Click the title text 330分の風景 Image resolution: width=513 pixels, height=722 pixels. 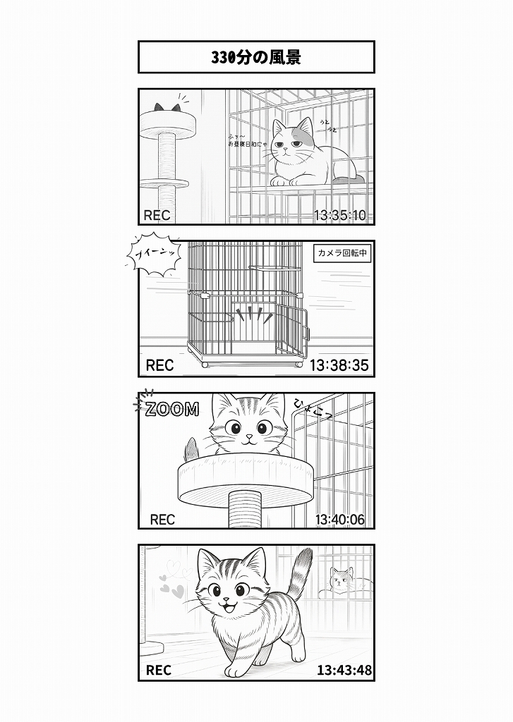tap(256, 57)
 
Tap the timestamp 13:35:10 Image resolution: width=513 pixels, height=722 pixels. tap(339, 215)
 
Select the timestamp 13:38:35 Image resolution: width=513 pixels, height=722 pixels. tap(339, 365)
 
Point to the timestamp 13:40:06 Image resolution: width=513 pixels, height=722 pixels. tap(339, 520)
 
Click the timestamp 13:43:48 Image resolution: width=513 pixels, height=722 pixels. tap(344, 670)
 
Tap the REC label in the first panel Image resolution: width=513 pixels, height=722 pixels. tap(157, 215)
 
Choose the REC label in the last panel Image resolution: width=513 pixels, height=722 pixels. tap(159, 670)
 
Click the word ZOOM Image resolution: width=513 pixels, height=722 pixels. tap(171, 410)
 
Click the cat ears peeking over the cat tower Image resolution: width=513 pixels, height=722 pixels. tap(168, 108)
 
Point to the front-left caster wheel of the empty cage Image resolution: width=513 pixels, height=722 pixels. tap(205, 365)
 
